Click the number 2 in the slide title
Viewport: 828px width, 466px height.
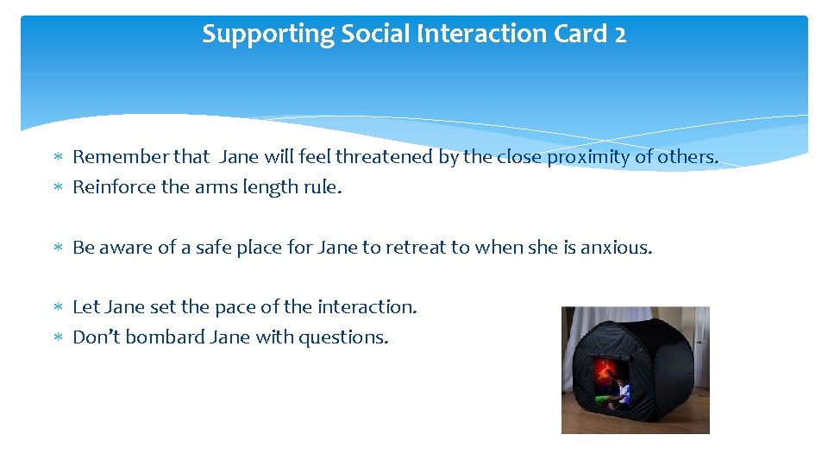619,35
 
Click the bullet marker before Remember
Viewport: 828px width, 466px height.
58,158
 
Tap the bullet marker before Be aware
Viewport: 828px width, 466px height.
58,249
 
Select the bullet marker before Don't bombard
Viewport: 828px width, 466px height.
58,338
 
